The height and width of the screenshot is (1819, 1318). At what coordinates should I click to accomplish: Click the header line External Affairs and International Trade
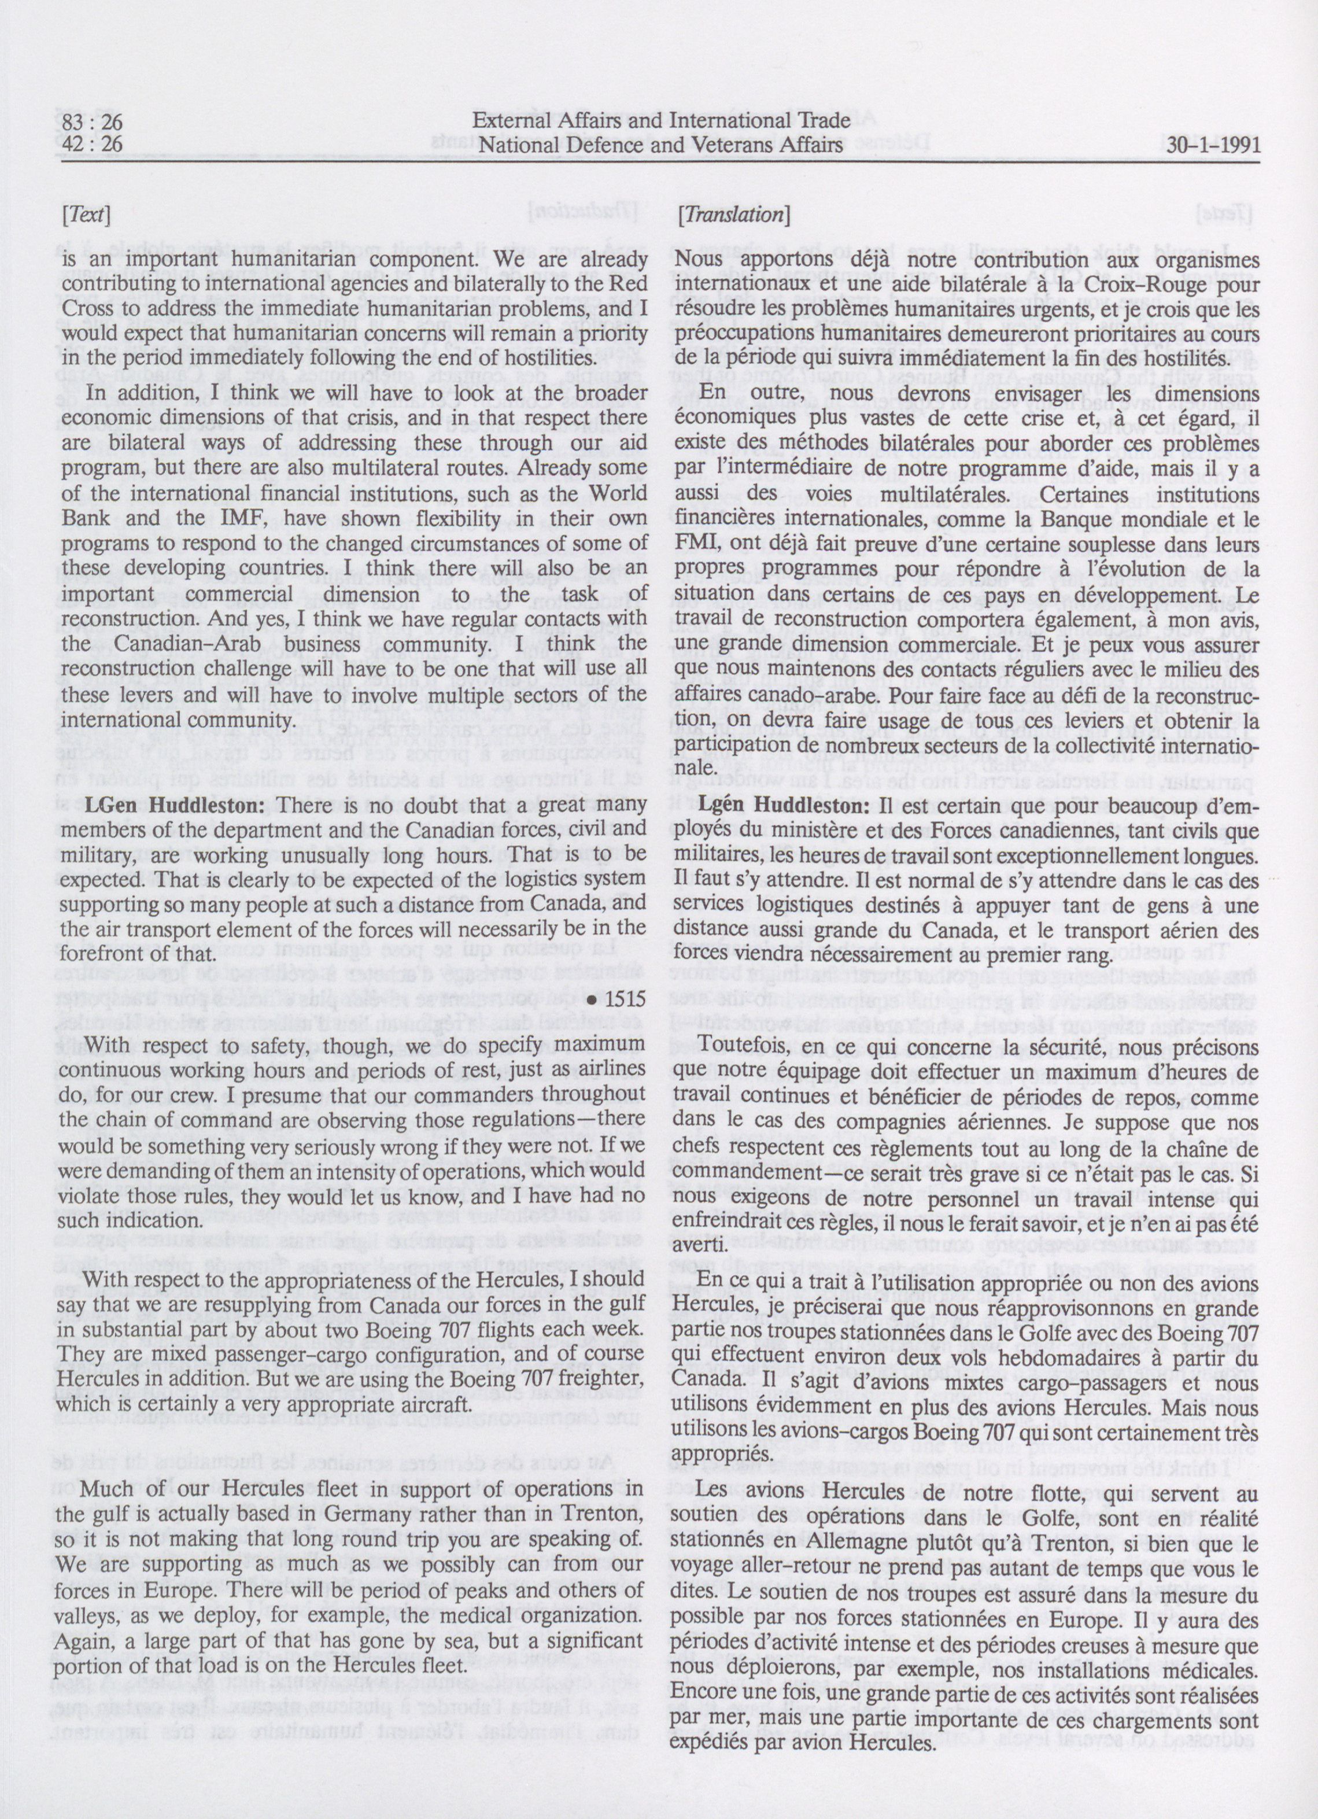(661, 124)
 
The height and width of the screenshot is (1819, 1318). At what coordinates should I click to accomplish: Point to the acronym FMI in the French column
(692, 546)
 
